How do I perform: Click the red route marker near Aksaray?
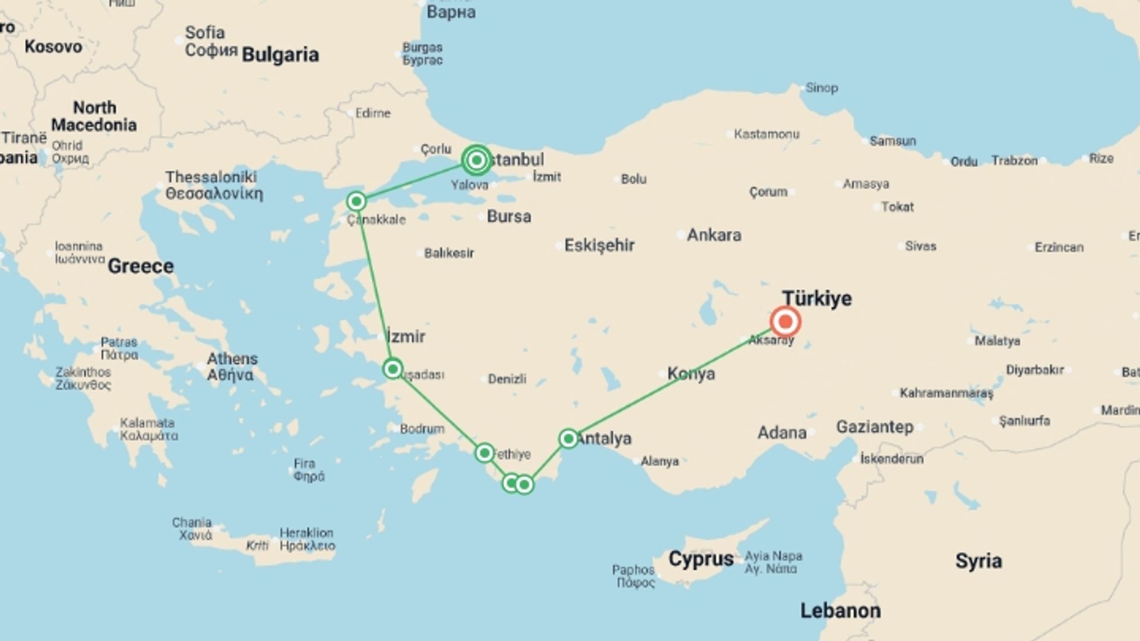coord(785,322)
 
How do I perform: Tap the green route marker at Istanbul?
coord(476,160)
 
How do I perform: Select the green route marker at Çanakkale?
coord(356,202)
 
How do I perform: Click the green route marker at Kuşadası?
coord(392,369)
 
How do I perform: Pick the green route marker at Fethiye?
coord(484,453)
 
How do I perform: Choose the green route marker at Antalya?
coord(568,439)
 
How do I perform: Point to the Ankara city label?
coord(714,235)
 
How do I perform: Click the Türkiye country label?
coord(816,298)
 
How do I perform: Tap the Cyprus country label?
coord(701,559)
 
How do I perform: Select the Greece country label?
coord(141,266)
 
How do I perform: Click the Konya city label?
coord(691,374)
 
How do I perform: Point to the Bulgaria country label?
coord(280,55)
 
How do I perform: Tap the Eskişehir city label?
coord(599,245)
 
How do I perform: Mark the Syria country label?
coord(978,561)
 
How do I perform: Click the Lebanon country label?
coord(840,610)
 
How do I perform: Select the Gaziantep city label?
coord(875,427)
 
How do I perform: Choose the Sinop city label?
coord(822,88)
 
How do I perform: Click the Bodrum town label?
coord(422,429)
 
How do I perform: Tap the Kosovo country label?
coord(53,46)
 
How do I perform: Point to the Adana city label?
coord(781,433)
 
